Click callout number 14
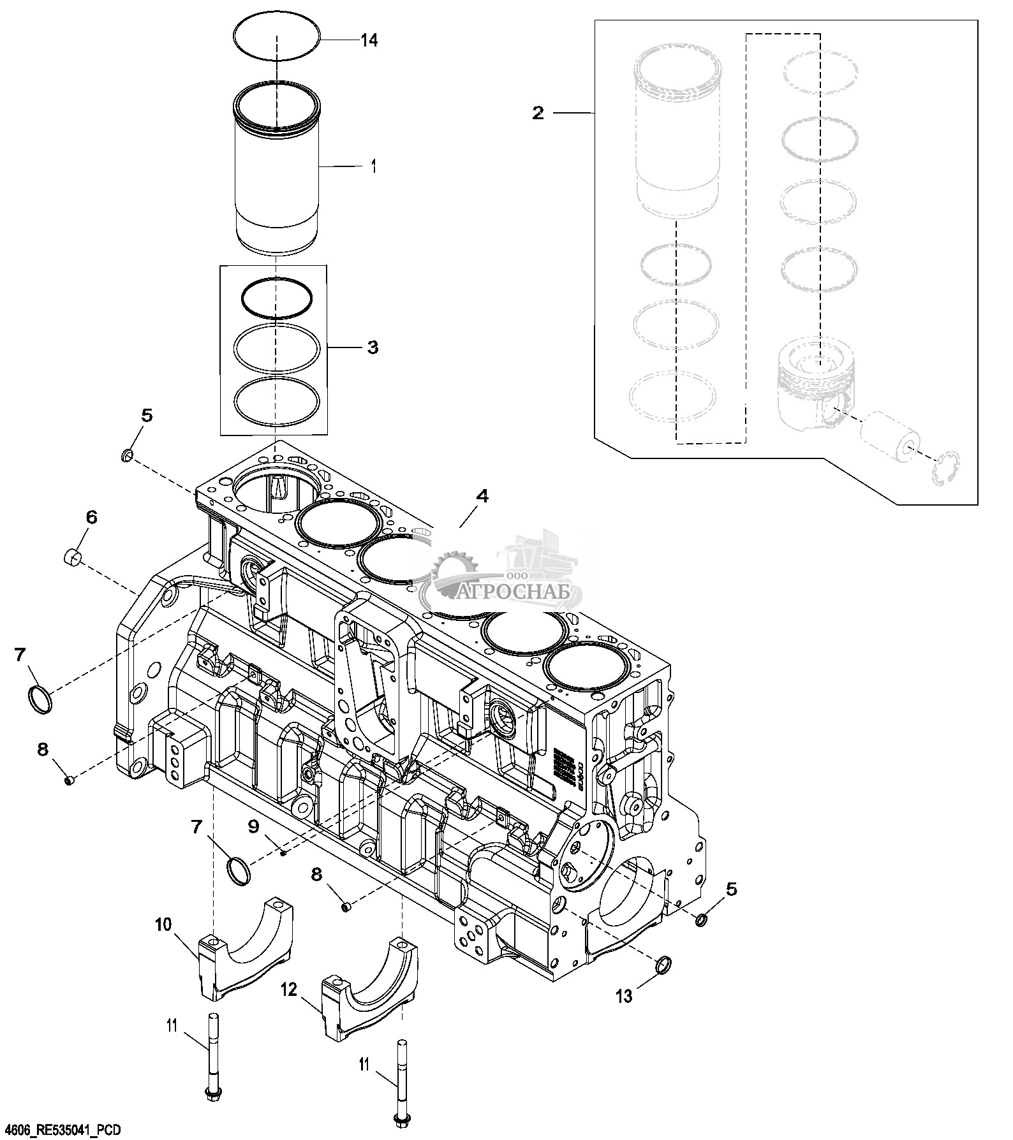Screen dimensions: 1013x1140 pos(369,40)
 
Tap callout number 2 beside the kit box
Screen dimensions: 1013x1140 pos(538,113)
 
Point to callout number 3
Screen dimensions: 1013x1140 pos(373,347)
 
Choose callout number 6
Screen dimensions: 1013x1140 pos(91,517)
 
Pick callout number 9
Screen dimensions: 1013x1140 pos(254,827)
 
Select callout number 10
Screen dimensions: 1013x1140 pos(163,924)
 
